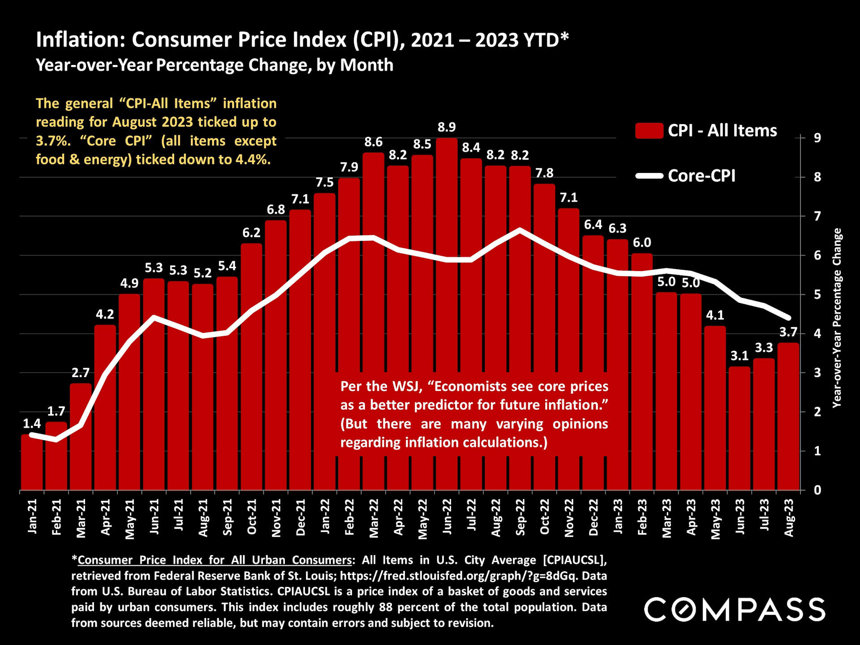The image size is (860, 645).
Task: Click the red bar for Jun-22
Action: pos(447,314)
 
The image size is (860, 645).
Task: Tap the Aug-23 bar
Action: pos(788,417)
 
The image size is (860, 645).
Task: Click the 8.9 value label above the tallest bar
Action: pos(447,128)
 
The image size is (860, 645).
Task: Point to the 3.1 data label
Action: pos(740,356)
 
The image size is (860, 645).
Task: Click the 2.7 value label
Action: pos(81,373)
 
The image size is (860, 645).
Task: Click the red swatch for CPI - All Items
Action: pos(649,131)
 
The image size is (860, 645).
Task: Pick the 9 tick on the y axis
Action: pos(817,138)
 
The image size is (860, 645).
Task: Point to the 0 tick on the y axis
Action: pos(817,490)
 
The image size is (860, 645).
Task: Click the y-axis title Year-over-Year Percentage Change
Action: pos(837,318)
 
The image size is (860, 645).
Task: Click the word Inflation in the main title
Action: pos(80,40)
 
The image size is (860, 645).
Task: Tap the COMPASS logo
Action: pos(735,610)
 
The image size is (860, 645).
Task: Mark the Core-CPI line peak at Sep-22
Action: pos(520,230)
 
